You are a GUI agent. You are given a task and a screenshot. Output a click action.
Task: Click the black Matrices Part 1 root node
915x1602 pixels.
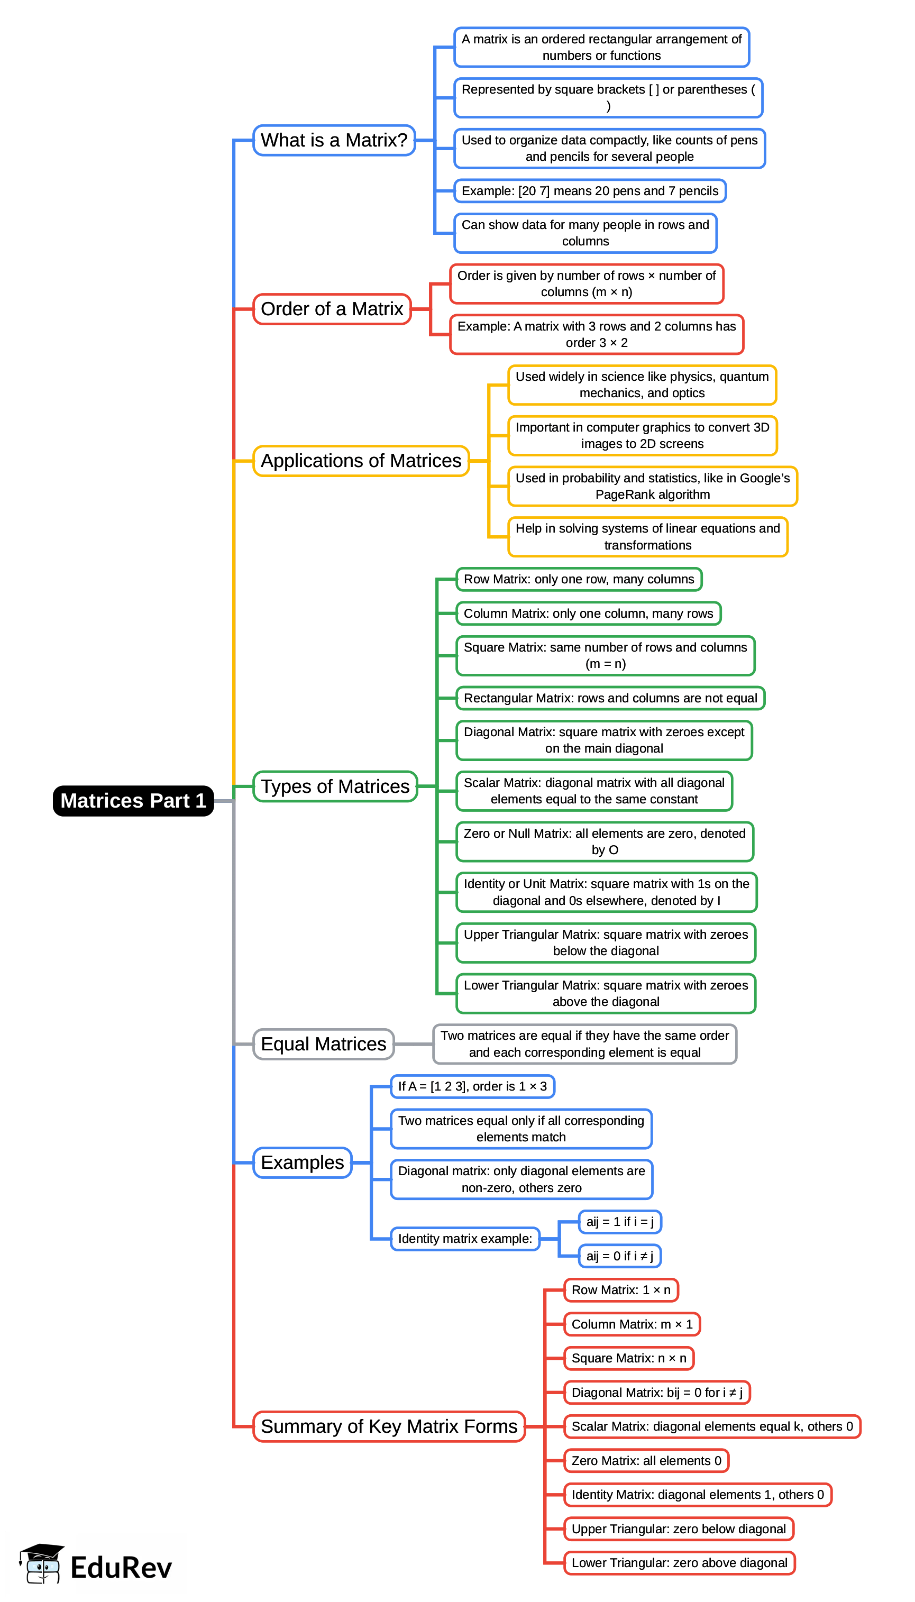tap(133, 800)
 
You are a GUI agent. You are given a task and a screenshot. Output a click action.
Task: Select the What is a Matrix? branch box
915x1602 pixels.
tap(334, 140)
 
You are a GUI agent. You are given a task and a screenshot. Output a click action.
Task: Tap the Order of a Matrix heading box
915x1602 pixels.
tap(332, 309)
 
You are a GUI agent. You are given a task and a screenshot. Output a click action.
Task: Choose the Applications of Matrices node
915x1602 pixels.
tap(361, 461)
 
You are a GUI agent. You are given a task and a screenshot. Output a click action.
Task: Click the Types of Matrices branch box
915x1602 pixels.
tap(335, 786)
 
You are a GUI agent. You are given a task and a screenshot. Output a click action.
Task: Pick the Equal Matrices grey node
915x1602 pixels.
tap(323, 1043)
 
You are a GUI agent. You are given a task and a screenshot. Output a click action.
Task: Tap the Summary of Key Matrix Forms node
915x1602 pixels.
tap(388, 1426)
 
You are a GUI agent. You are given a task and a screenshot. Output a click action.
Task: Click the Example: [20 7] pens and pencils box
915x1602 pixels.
tap(590, 191)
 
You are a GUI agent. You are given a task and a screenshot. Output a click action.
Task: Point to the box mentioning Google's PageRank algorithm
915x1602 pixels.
tap(652, 486)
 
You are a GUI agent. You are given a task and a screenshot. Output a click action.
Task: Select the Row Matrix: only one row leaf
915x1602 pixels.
tap(579, 579)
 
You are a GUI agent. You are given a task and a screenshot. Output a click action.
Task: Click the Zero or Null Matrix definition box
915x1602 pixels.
tap(605, 841)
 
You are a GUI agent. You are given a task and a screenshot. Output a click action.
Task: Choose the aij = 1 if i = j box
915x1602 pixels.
tap(620, 1221)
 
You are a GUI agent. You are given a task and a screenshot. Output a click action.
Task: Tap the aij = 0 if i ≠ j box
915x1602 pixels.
tap(620, 1256)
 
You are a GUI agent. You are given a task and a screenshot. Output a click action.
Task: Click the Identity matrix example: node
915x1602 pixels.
tap(465, 1238)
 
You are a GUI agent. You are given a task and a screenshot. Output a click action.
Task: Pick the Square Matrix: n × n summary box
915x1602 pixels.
tap(628, 1358)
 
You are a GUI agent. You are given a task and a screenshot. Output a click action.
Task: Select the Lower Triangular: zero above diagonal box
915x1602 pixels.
tap(679, 1562)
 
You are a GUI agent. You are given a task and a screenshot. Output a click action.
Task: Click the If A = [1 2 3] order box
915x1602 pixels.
tap(472, 1086)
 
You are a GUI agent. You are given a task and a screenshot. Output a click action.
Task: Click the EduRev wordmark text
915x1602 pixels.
tap(121, 1568)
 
